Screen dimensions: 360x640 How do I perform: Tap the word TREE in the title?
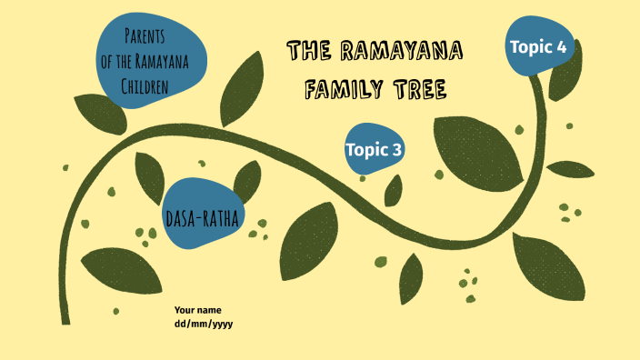(419, 89)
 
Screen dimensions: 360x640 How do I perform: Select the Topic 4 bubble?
(540, 46)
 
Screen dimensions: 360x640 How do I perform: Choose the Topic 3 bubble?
(374, 149)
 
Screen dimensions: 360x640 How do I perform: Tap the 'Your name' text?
(197, 310)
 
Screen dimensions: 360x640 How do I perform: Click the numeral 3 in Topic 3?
(397, 149)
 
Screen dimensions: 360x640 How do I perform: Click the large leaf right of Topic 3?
(478, 151)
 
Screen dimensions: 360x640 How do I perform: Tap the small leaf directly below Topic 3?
(394, 191)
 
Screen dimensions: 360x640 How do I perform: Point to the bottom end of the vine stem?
(65, 318)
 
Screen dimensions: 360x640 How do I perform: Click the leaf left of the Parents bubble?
(99, 113)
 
